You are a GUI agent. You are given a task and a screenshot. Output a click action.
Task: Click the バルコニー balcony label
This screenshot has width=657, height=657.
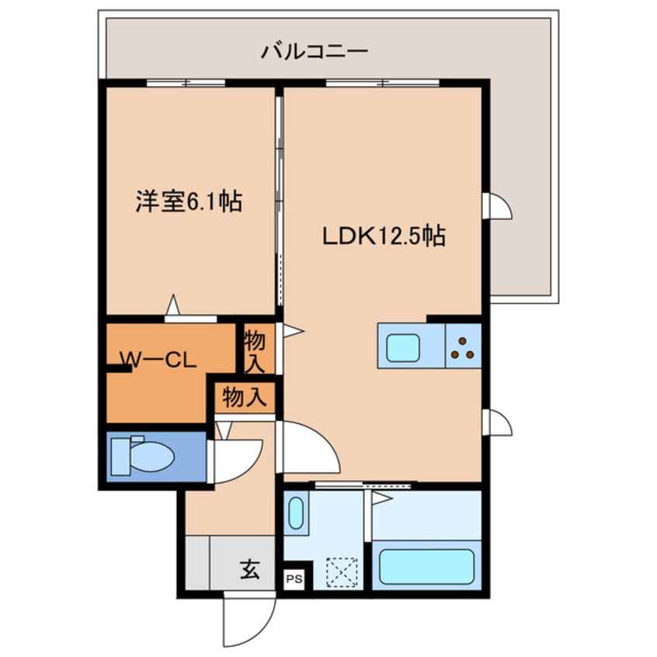tap(314, 53)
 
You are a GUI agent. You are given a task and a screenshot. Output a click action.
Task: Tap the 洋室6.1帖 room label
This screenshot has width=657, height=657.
tap(189, 202)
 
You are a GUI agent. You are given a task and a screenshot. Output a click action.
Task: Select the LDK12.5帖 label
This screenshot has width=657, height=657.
tap(384, 236)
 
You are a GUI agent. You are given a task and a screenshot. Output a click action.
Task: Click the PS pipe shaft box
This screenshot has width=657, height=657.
tap(294, 579)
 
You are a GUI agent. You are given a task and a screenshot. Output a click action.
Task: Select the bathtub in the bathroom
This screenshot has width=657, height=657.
tap(426, 567)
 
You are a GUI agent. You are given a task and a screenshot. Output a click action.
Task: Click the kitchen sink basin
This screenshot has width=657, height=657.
tap(403, 347)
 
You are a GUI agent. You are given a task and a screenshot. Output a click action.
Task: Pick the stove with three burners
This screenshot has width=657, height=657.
tap(464, 346)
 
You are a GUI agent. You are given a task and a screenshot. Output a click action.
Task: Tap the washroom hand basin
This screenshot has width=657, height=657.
tap(296, 513)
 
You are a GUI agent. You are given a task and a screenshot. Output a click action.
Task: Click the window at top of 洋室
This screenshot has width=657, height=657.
tap(186, 82)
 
